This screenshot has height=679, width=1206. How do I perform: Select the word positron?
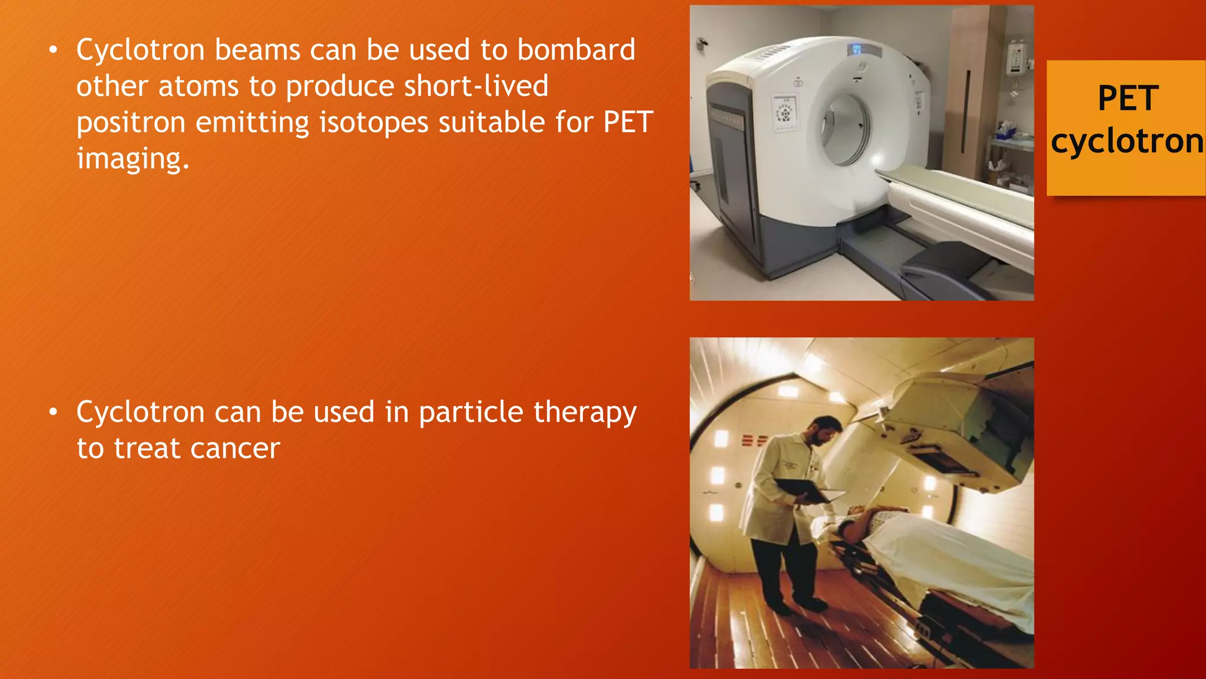[130, 123]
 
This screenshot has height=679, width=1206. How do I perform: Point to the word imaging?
[132, 159]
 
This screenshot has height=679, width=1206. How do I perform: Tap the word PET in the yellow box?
[1128, 98]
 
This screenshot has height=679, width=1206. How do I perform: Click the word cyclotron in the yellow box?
[1127, 141]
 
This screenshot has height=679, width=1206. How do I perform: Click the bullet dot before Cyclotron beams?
[54, 50]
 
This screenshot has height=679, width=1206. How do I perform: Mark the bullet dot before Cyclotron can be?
[54, 412]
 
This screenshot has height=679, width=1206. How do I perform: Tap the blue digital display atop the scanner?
[856, 50]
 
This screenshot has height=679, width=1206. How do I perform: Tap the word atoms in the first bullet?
[198, 87]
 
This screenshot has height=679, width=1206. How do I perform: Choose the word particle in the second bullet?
[471, 413]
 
